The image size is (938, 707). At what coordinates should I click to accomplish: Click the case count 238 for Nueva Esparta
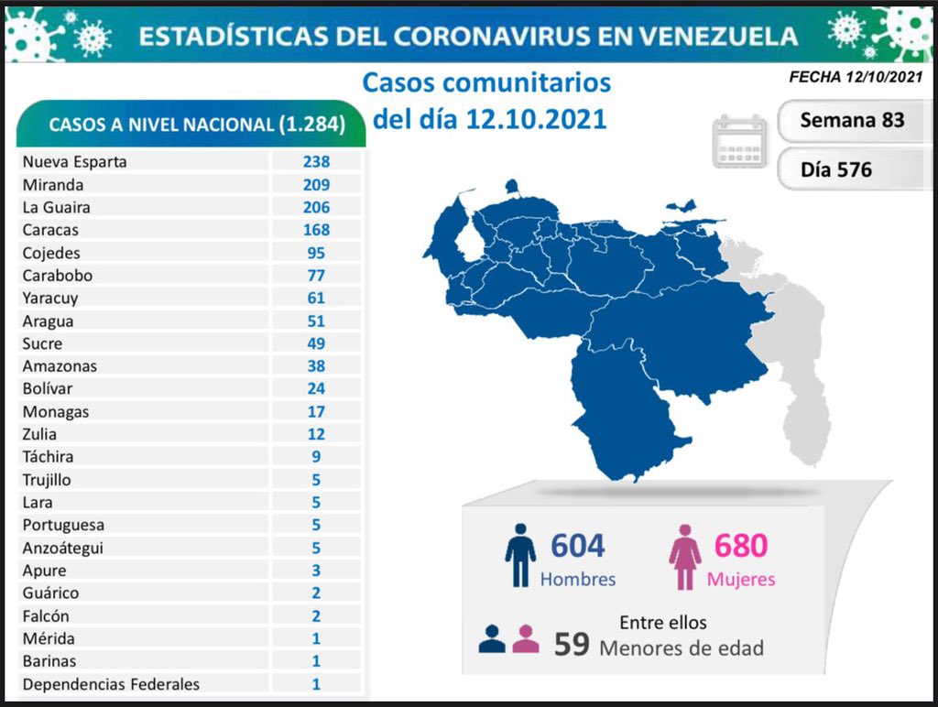click(317, 162)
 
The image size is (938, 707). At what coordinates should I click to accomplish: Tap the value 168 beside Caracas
click(317, 230)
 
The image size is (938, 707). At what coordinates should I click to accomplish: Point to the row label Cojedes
click(51, 253)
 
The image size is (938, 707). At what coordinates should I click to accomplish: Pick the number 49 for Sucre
click(317, 343)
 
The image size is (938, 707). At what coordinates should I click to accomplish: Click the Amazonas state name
click(60, 366)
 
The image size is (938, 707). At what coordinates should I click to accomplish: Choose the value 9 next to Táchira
click(317, 457)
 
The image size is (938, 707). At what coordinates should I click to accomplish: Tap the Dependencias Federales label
click(111, 684)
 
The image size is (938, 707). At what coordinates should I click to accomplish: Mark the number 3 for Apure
click(317, 571)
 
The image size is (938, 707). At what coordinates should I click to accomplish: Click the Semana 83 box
click(852, 120)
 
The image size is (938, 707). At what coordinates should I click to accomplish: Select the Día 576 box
click(836, 169)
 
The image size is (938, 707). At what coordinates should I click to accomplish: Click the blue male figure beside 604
click(519, 555)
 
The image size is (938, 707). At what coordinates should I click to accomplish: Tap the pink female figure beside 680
click(684, 557)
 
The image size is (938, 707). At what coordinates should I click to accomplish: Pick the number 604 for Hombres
click(577, 546)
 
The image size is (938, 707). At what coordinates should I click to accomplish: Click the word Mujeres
click(740, 580)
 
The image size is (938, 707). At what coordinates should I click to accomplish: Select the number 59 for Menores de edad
click(571, 644)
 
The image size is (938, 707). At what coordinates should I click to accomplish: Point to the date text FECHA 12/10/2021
click(856, 78)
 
